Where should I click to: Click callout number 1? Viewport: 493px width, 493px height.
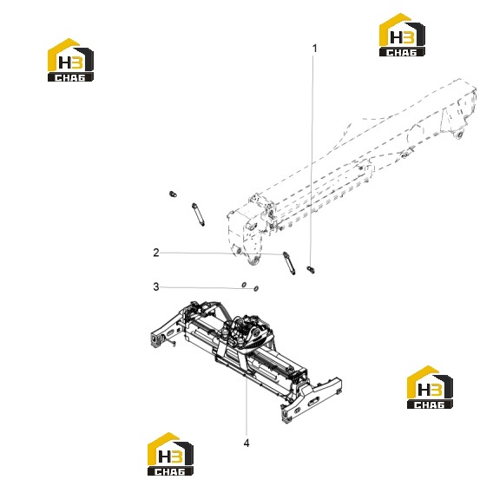(x=314, y=49)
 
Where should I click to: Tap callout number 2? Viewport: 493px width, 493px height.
(x=156, y=253)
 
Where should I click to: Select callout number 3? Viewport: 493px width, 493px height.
(x=156, y=286)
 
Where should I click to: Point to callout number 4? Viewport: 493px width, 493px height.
(x=246, y=443)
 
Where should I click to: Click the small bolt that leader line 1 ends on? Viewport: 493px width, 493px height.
(x=311, y=269)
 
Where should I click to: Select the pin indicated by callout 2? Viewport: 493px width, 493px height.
(x=289, y=263)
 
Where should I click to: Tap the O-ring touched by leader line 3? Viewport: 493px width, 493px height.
(x=256, y=288)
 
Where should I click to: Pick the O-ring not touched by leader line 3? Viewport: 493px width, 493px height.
(x=244, y=285)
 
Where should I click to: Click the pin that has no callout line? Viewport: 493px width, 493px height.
(x=198, y=214)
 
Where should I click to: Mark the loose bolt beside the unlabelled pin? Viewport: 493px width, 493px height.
(x=173, y=194)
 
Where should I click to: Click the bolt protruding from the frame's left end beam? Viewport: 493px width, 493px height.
(x=171, y=343)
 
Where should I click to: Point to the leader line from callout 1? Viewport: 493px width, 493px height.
(x=312, y=161)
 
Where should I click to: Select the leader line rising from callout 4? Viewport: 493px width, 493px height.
(x=246, y=405)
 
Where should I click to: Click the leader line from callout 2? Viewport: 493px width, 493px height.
(x=221, y=253)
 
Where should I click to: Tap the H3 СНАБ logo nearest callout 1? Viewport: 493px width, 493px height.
(x=402, y=35)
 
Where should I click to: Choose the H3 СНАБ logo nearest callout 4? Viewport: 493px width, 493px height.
(x=170, y=454)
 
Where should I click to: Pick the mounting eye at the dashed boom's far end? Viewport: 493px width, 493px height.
(x=458, y=135)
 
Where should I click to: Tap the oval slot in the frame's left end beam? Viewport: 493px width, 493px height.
(x=171, y=333)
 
